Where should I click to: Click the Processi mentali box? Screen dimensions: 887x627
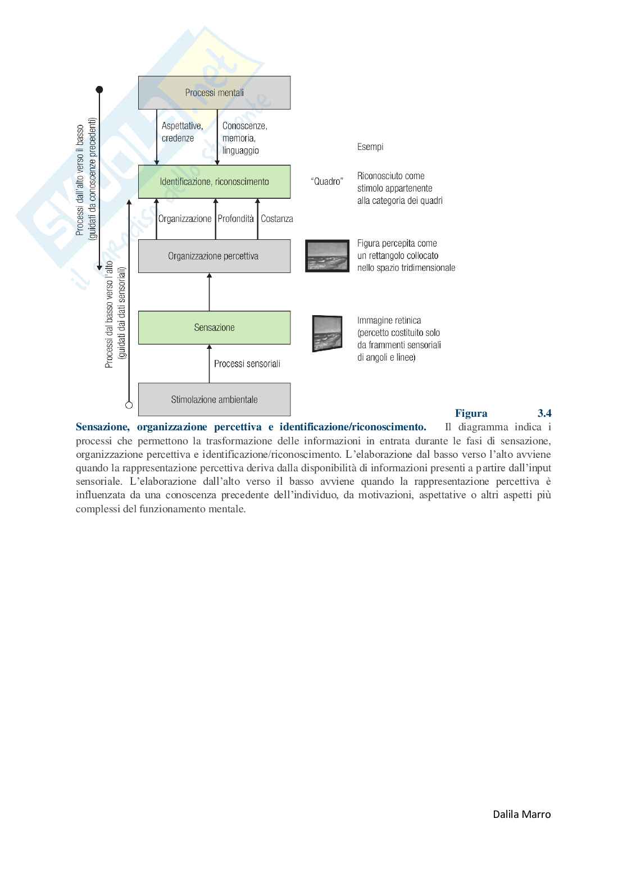(214, 93)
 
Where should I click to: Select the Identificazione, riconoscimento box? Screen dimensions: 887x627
(214, 181)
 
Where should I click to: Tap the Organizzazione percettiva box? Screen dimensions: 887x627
(214, 256)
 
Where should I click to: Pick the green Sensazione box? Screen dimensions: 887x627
(214, 327)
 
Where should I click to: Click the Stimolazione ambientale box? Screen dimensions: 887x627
(214, 399)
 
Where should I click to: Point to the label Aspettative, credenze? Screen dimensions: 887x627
(182, 132)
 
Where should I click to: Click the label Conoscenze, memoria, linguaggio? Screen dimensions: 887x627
(244, 138)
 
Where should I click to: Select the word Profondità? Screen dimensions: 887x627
(235, 219)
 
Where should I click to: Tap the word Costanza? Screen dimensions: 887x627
(276, 219)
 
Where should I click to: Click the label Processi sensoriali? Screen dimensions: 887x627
(247, 363)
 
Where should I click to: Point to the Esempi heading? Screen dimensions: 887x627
(370, 147)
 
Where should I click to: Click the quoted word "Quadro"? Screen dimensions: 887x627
(326, 181)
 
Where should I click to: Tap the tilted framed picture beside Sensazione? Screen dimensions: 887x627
(327, 333)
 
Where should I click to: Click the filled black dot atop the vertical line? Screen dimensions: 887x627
(99, 89)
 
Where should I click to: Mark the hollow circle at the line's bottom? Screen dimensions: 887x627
(129, 404)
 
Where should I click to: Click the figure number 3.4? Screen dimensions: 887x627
(544, 413)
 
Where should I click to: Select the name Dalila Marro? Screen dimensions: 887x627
(521, 814)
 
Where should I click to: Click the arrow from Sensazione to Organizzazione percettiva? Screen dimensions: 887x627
(209, 292)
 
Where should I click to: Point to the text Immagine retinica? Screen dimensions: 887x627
(389, 320)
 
